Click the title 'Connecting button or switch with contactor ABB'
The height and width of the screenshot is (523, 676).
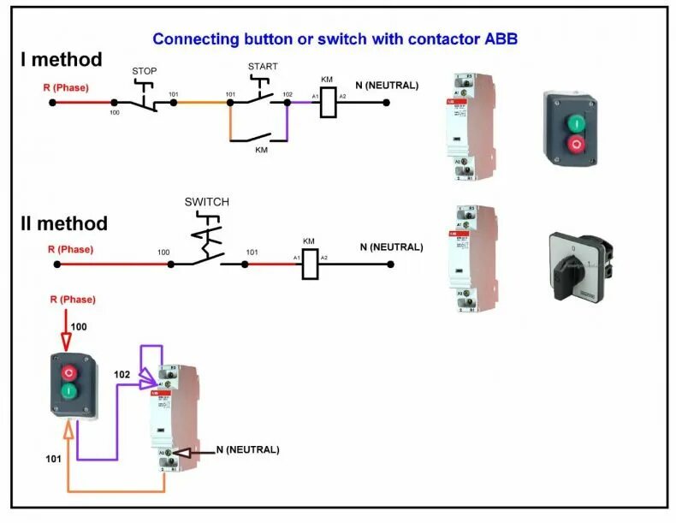[x=335, y=39]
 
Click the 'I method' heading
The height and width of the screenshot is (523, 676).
[x=62, y=60]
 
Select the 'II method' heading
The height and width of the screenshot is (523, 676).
[x=64, y=223]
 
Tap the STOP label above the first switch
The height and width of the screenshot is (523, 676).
[x=144, y=69]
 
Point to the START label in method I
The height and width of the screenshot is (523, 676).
[x=263, y=66]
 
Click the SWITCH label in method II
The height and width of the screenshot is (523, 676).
[x=207, y=202]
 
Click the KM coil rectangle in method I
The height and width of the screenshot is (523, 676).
[x=327, y=102]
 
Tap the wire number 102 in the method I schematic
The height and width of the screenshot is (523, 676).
[x=288, y=94]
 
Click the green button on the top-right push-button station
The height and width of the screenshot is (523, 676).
[x=576, y=123]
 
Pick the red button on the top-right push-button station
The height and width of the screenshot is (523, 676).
[x=576, y=144]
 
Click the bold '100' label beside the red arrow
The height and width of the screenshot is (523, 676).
[x=79, y=327]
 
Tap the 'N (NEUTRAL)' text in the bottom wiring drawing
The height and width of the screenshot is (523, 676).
[x=248, y=449]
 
